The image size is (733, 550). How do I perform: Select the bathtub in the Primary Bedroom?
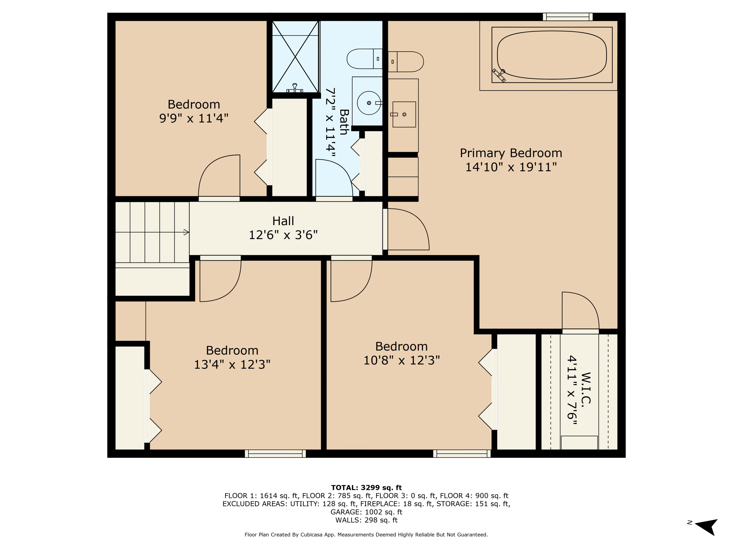pyautogui.click(x=552, y=55)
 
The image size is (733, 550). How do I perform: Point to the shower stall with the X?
pyautogui.click(x=295, y=56)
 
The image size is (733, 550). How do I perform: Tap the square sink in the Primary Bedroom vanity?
pyautogui.click(x=404, y=114)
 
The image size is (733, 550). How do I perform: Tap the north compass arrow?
pyautogui.click(x=708, y=527)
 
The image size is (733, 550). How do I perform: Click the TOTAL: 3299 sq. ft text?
pyautogui.click(x=366, y=488)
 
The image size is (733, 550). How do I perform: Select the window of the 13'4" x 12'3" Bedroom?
pyautogui.click(x=275, y=453)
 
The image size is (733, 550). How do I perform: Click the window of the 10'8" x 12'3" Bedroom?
pyautogui.click(x=462, y=453)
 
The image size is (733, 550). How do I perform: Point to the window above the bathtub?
pyautogui.click(x=567, y=17)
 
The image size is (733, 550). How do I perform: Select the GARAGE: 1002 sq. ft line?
pyautogui.click(x=366, y=512)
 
